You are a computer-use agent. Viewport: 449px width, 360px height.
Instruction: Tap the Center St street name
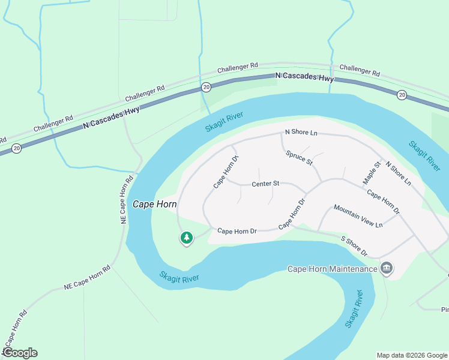(265, 183)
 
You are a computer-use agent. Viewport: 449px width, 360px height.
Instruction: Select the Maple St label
(372, 172)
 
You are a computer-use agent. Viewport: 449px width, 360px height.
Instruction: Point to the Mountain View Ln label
(358, 216)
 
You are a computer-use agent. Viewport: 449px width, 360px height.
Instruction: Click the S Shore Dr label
(354, 246)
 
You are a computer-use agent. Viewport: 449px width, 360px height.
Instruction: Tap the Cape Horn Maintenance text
(332, 269)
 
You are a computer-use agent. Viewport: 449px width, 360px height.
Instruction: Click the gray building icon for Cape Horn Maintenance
(387, 268)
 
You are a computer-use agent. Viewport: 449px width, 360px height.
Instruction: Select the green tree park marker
(187, 238)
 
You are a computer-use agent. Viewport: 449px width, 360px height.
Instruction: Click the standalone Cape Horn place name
(154, 204)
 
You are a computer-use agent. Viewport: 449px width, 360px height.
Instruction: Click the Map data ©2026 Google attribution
(412, 355)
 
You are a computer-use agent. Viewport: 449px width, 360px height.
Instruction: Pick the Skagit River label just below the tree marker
(179, 278)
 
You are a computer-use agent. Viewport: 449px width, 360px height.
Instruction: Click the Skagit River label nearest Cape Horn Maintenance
(354, 309)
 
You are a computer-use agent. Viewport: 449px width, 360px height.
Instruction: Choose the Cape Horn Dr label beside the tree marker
(237, 230)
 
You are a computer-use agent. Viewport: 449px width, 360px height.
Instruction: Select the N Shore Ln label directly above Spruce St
(301, 132)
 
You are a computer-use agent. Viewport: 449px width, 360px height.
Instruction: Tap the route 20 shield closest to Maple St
(402, 94)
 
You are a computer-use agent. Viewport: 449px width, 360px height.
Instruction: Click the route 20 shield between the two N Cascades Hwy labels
(206, 87)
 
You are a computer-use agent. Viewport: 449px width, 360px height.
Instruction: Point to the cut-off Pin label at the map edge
(444, 310)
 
